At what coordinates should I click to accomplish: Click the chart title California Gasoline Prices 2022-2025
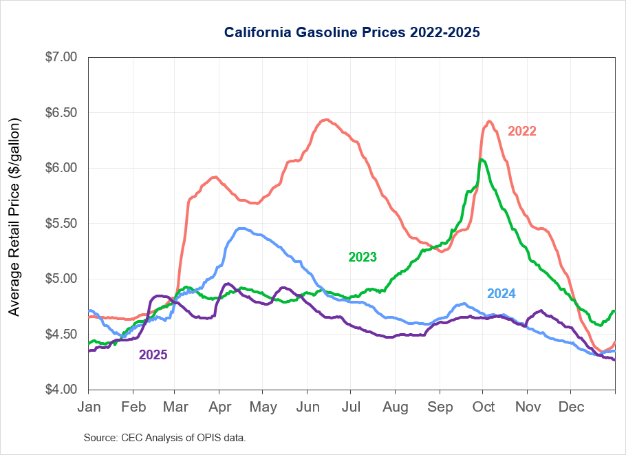coord(352,32)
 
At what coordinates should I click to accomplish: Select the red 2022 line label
coord(521,131)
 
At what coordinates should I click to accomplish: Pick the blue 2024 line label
coord(501,294)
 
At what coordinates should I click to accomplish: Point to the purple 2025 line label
coord(153,355)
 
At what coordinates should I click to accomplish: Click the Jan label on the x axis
coord(89,407)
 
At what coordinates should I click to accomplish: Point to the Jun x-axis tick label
coord(307,407)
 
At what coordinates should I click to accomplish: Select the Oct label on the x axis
coord(484,407)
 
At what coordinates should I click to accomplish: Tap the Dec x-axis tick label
coord(571,407)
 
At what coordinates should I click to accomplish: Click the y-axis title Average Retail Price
coord(15,218)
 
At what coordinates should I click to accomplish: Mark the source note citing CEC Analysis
coord(164,438)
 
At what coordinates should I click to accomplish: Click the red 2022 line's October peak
coord(488,122)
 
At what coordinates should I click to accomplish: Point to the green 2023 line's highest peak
coord(482,160)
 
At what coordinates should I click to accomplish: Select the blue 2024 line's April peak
coord(241,228)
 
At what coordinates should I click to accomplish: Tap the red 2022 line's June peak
coord(327,120)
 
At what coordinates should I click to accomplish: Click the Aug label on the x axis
coord(396,407)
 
